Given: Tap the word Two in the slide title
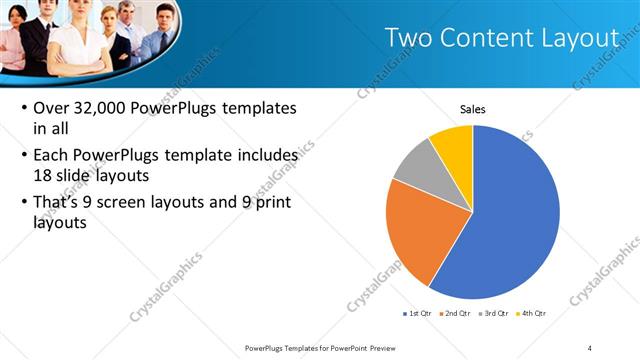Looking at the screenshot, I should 412,38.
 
